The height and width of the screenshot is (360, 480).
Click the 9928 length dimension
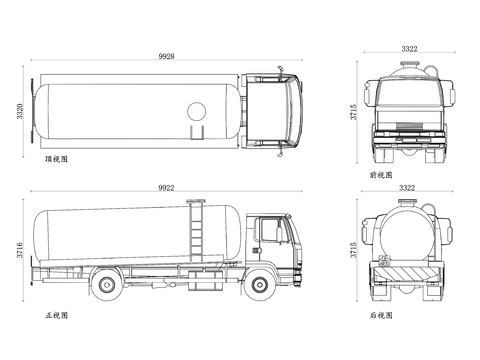[166, 56]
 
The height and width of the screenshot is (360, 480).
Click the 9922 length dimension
[166, 188]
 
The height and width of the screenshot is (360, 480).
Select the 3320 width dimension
[20, 111]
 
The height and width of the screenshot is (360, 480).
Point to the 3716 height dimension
[20, 250]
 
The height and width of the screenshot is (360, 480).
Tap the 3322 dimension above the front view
[409, 49]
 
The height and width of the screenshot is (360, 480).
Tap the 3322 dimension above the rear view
[407, 188]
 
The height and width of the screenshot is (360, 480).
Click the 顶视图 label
[56, 159]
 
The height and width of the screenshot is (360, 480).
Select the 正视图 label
[56, 315]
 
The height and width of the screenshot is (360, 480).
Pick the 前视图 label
[381, 175]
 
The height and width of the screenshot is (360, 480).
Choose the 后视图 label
[381, 315]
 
